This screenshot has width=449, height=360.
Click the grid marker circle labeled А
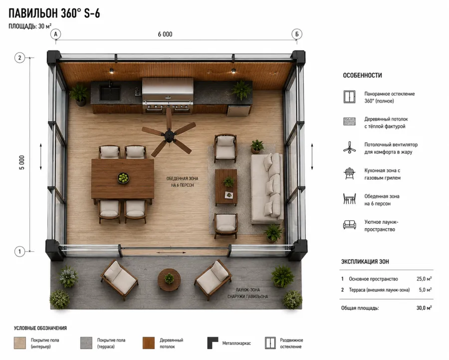(55, 34)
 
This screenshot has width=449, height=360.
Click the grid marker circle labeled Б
(297, 34)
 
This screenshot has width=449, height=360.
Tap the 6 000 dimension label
(165, 34)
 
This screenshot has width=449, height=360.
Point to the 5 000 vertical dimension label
(22, 162)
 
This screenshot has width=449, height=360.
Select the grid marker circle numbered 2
(19, 57)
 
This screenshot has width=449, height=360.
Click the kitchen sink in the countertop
(109, 92)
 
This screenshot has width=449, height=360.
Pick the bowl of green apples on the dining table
(123, 178)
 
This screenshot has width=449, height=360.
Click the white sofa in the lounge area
(267, 188)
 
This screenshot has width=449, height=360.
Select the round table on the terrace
(169, 280)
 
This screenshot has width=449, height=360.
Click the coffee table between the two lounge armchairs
(226, 187)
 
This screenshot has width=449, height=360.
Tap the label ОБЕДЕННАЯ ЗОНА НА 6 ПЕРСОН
(182, 182)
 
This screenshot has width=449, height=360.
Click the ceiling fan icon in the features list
(349, 148)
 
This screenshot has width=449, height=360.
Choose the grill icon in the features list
(349, 174)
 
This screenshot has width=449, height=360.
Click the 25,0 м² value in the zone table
(424, 279)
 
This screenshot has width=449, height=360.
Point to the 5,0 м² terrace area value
(425, 290)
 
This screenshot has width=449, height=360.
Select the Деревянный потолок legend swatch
(148, 343)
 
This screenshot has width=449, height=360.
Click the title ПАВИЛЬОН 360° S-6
(54, 13)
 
